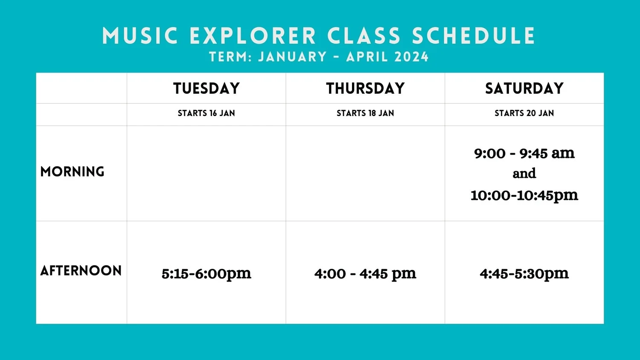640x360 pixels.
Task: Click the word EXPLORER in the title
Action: pyautogui.click(x=253, y=36)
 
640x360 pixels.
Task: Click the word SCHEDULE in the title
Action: pyautogui.click(x=473, y=36)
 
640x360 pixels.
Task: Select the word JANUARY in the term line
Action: pyautogui.click(x=293, y=57)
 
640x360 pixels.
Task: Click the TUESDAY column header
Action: pyautogui.click(x=207, y=88)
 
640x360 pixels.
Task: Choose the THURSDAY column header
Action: pyautogui.click(x=365, y=88)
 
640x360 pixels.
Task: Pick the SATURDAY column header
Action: pyautogui.click(x=524, y=88)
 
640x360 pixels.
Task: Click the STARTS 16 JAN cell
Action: pyautogui.click(x=207, y=113)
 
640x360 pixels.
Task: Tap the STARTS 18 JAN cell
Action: pyautogui.click(x=365, y=113)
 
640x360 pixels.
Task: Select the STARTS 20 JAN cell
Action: pyautogui.click(x=524, y=113)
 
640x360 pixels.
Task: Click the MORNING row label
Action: pyautogui.click(x=72, y=171)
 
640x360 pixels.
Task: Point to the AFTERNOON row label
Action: pyautogui.click(x=81, y=270)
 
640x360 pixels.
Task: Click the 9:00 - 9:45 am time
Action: pyautogui.click(x=524, y=153)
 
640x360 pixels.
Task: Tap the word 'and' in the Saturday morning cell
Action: pyautogui.click(x=524, y=174)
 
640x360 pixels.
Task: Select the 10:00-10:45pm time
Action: pyautogui.click(x=524, y=195)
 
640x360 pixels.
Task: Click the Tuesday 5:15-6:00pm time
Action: pyautogui.click(x=207, y=273)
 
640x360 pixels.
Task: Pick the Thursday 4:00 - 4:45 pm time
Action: pyautogui.click(x=365, y=273)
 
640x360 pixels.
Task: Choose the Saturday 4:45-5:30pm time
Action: pyautogui.click(x=524, y=273)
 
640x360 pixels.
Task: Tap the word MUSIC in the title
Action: pyautogui.click(x=140, y=36)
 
